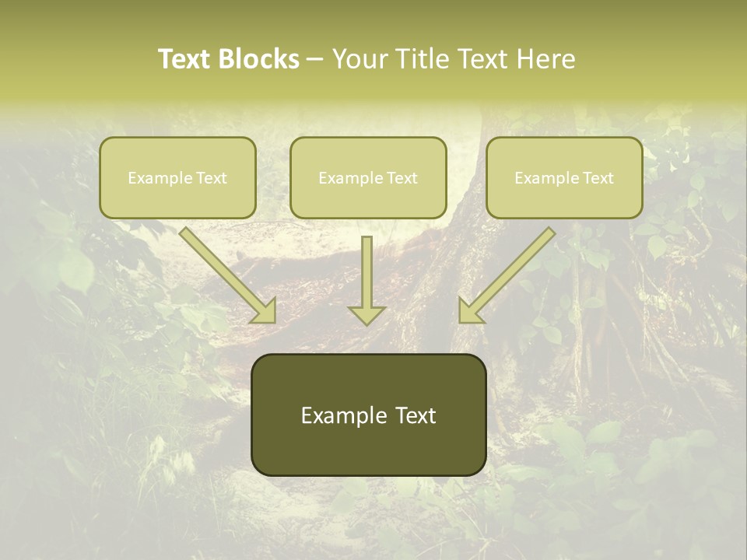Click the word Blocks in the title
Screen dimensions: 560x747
coord(258,59)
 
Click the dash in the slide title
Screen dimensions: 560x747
coord(315,60)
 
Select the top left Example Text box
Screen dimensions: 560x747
coord(177,177)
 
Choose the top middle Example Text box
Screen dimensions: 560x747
coord(368,177)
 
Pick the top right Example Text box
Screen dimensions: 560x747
coord(564,177)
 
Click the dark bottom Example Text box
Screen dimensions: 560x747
coord(368,415)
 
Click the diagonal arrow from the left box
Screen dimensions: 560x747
coord(226,272)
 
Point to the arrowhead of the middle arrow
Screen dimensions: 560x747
coord(366,314)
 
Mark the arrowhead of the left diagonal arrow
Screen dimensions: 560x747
coord(265,311)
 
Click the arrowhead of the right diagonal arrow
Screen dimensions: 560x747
coord(469,311)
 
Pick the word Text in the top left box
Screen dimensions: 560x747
coord(212,178)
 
